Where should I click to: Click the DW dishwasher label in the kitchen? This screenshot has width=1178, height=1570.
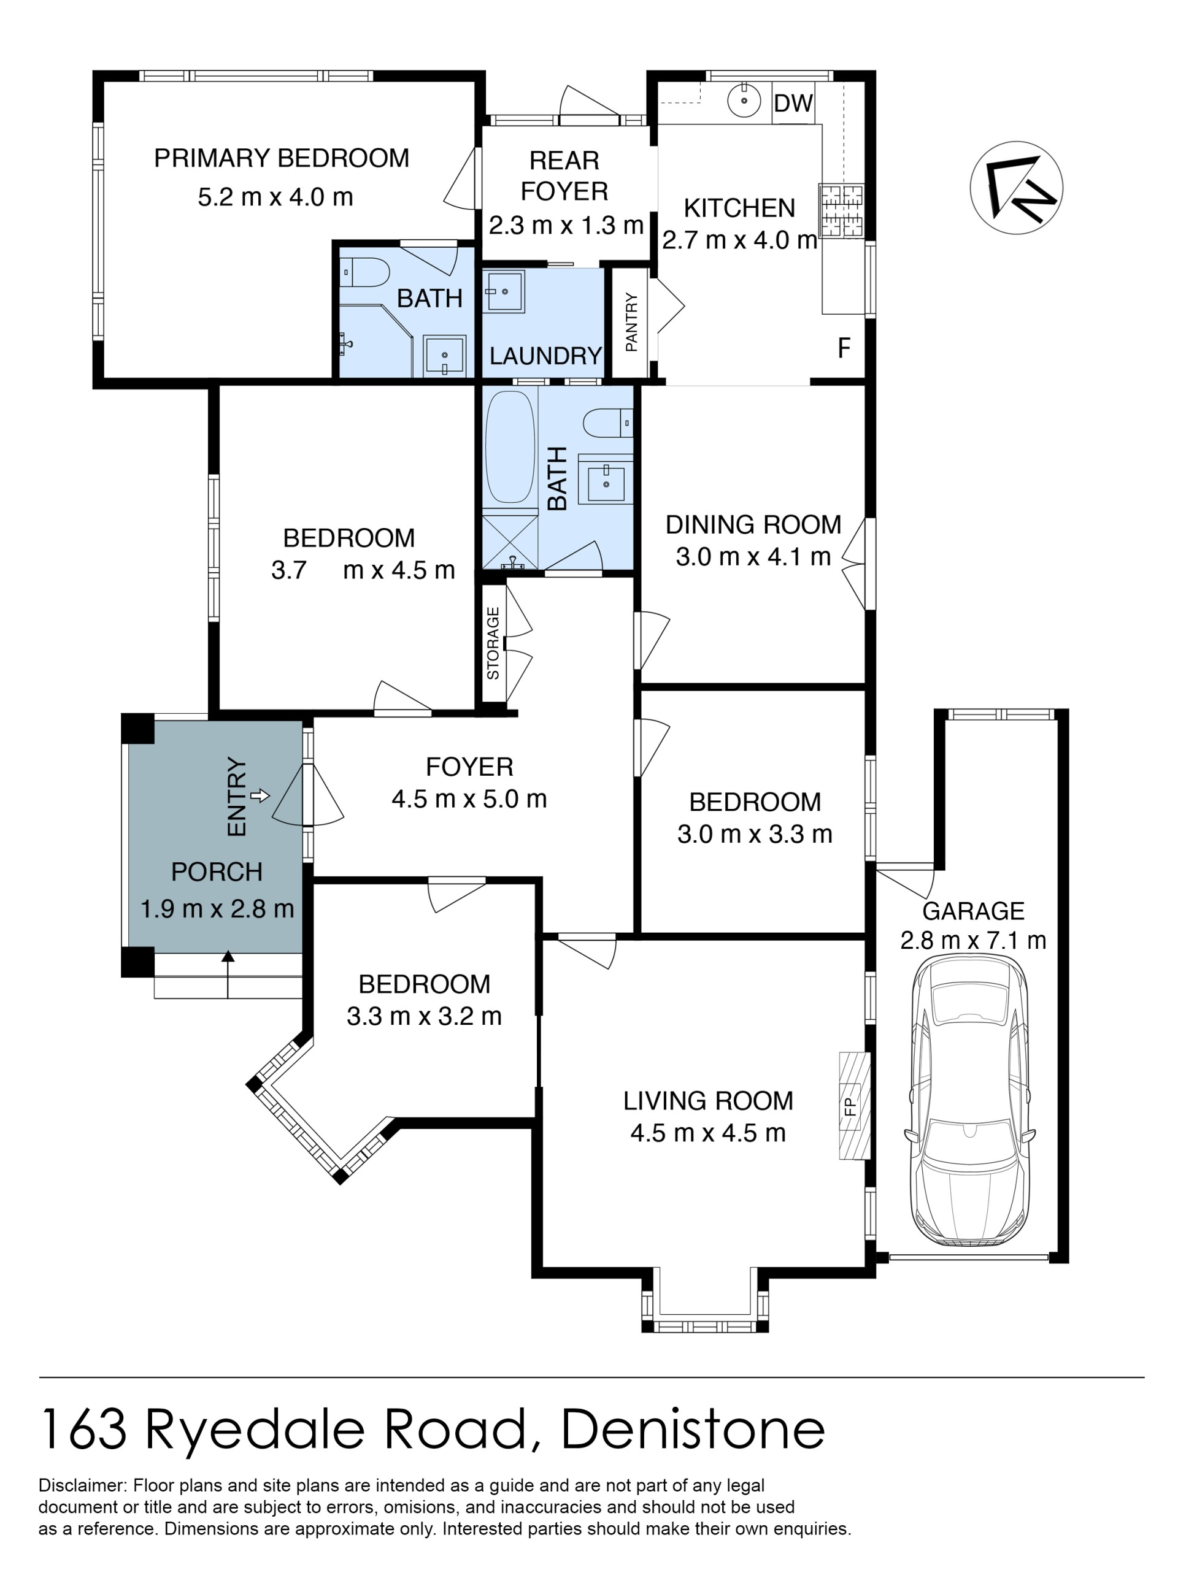(793, 103)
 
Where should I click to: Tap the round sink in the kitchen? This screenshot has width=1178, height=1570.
(744, 101)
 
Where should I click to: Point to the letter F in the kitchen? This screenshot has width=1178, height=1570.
(844, 348)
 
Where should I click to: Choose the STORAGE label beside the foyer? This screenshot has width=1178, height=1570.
(493, 643)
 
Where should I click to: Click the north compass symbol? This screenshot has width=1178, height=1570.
(1016, 188)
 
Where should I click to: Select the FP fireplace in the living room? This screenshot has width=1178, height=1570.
(855, 1106)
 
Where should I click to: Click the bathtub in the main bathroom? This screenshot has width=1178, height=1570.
(510, 447)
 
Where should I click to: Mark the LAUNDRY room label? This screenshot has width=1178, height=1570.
(545, 356)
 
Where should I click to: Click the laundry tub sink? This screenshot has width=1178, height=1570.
(504, 291)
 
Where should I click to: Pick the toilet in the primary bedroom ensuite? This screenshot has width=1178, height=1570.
(364, 272)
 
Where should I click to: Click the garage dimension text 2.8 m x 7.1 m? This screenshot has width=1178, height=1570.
(973, 940)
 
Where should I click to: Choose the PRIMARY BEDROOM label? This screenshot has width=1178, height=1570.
(282, 158)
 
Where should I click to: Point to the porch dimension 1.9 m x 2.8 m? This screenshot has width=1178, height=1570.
(217, 908)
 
